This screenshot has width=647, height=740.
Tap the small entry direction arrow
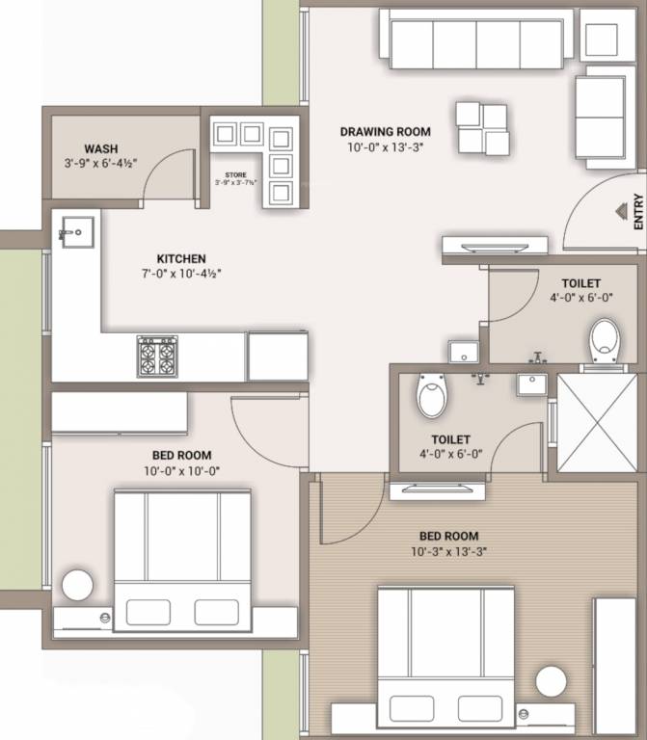coord(618,211)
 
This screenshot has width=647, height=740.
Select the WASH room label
coord(101,148)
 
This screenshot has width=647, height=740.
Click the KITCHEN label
coord(180,258)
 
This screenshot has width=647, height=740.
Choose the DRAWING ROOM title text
coord(385,132)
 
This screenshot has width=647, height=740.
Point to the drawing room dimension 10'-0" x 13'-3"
coord(385,147)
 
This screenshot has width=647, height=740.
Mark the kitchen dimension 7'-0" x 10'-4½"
coord(180,274)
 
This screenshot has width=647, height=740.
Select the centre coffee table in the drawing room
coord(482,128)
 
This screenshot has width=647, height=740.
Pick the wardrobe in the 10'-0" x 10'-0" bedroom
coord(119,412)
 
